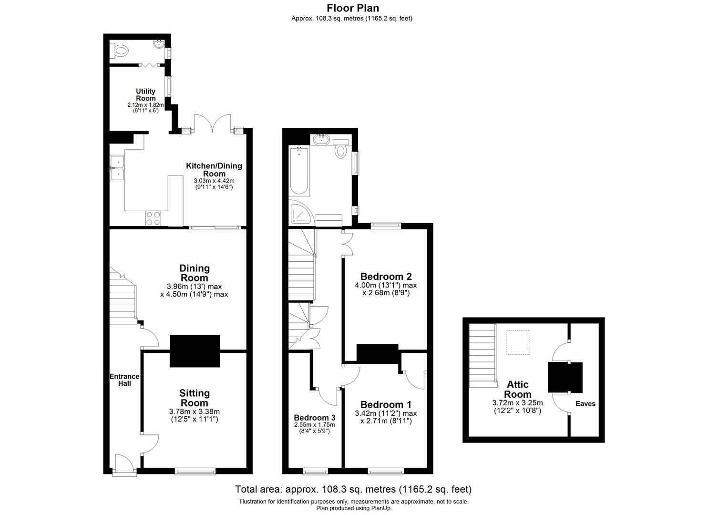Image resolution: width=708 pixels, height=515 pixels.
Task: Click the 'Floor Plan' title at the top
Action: [353, 8]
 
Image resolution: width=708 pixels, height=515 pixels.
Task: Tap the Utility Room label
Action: [145, 94]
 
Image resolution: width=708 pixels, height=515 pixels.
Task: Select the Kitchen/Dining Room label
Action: [214, 169]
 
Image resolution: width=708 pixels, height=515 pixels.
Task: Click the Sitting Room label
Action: [194, 398]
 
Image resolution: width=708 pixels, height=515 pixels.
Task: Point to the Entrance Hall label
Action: [124, 380]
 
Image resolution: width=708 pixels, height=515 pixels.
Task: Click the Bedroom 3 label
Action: [314, 418]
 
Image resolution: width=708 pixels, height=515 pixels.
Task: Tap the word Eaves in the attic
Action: [585, 403]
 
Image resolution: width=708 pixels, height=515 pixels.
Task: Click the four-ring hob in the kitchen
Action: [154, 218]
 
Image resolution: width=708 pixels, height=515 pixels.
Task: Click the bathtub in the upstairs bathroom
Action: [299, 170]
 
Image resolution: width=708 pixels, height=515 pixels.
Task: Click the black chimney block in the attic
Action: [565, 377]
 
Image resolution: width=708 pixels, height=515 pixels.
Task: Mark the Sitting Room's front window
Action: [195, 472]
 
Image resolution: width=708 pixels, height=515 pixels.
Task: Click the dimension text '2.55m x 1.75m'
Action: [314, 425]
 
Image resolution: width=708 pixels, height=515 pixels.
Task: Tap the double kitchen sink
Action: [117, 169]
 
